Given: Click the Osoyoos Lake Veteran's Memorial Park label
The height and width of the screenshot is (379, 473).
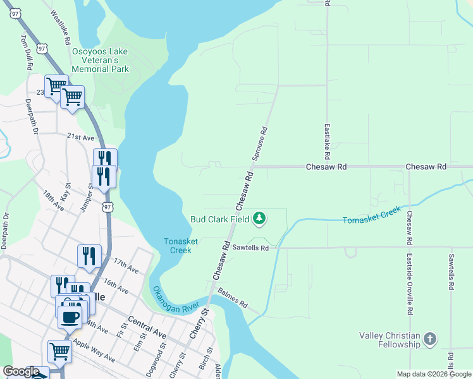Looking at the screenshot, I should coord(100,60).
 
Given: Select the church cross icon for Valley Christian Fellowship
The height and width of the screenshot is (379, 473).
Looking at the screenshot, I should coord(429,339).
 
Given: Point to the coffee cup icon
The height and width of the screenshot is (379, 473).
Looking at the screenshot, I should coord(70,315).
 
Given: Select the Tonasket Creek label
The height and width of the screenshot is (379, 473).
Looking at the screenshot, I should coord(177,246).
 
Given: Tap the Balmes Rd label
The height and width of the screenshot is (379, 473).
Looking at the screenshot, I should coord(232,298).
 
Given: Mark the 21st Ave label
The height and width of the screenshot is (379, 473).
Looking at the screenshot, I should coord(80,137).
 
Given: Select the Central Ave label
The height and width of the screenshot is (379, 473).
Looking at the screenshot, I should coord(147,327).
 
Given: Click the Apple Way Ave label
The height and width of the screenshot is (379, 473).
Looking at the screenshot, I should coord(94,351).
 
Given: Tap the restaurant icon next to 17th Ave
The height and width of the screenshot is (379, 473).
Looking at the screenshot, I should coord(89,255).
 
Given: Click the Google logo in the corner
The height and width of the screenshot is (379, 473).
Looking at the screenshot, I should coord(21,371).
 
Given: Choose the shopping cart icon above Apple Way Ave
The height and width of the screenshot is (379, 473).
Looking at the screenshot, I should coord(59,351).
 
